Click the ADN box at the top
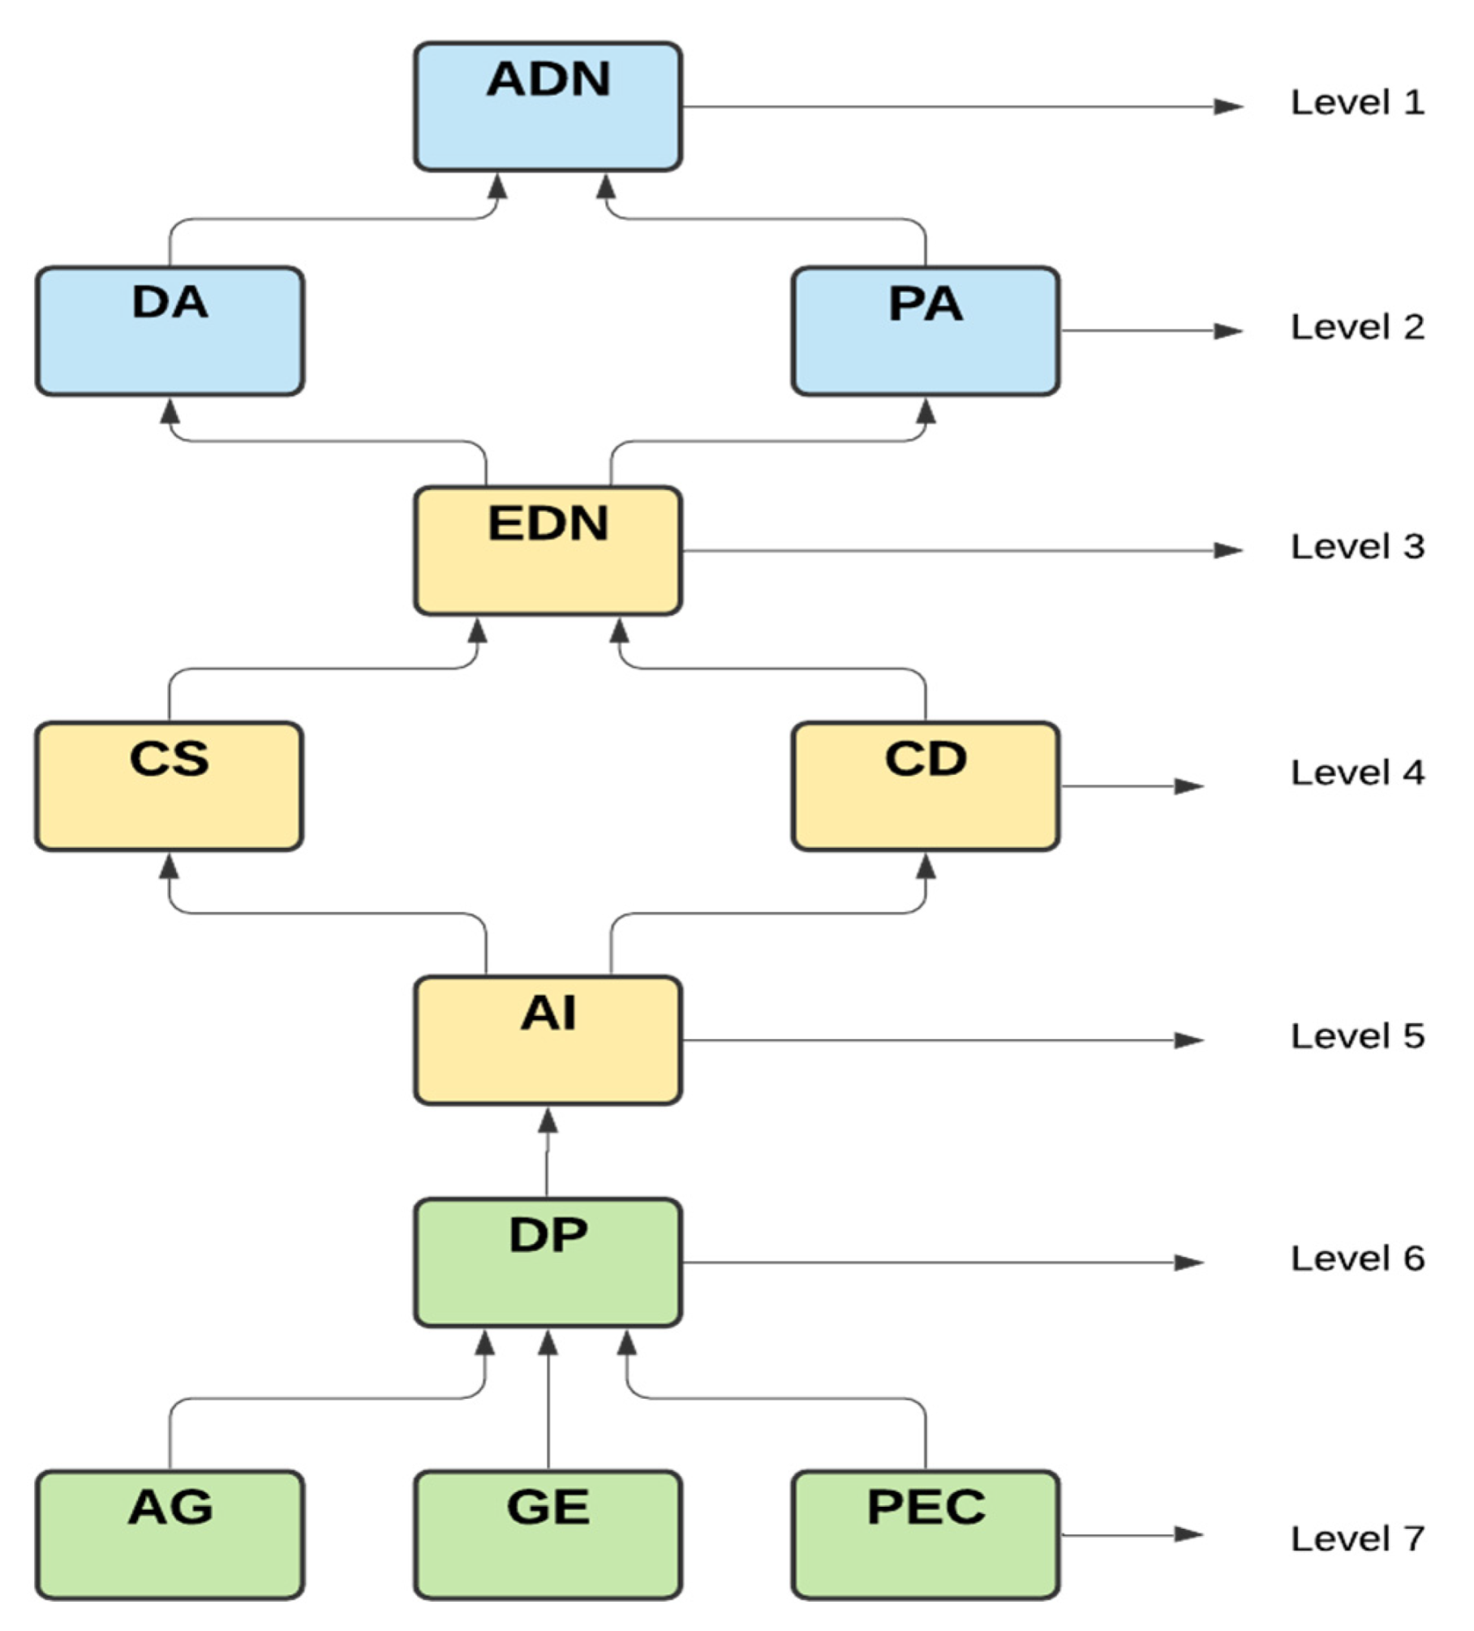tap(548, 106)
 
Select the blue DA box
tap(170, 331)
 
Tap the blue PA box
tap(925, 331)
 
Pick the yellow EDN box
tap(548, 551)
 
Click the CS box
tap(169, 786)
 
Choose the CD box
tap(925, 786)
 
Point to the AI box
tap(548, 1040)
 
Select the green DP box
tap(548, 1263)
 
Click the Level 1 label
tap(1357, 103)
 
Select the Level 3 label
tap(1357, 547)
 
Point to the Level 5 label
tap(1357, 1036)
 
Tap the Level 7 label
tap(1357, 1538)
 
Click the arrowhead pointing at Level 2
tap(1228, 331)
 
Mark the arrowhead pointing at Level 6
tap(1188, 1263)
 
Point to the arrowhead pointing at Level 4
tap(1188, 786)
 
